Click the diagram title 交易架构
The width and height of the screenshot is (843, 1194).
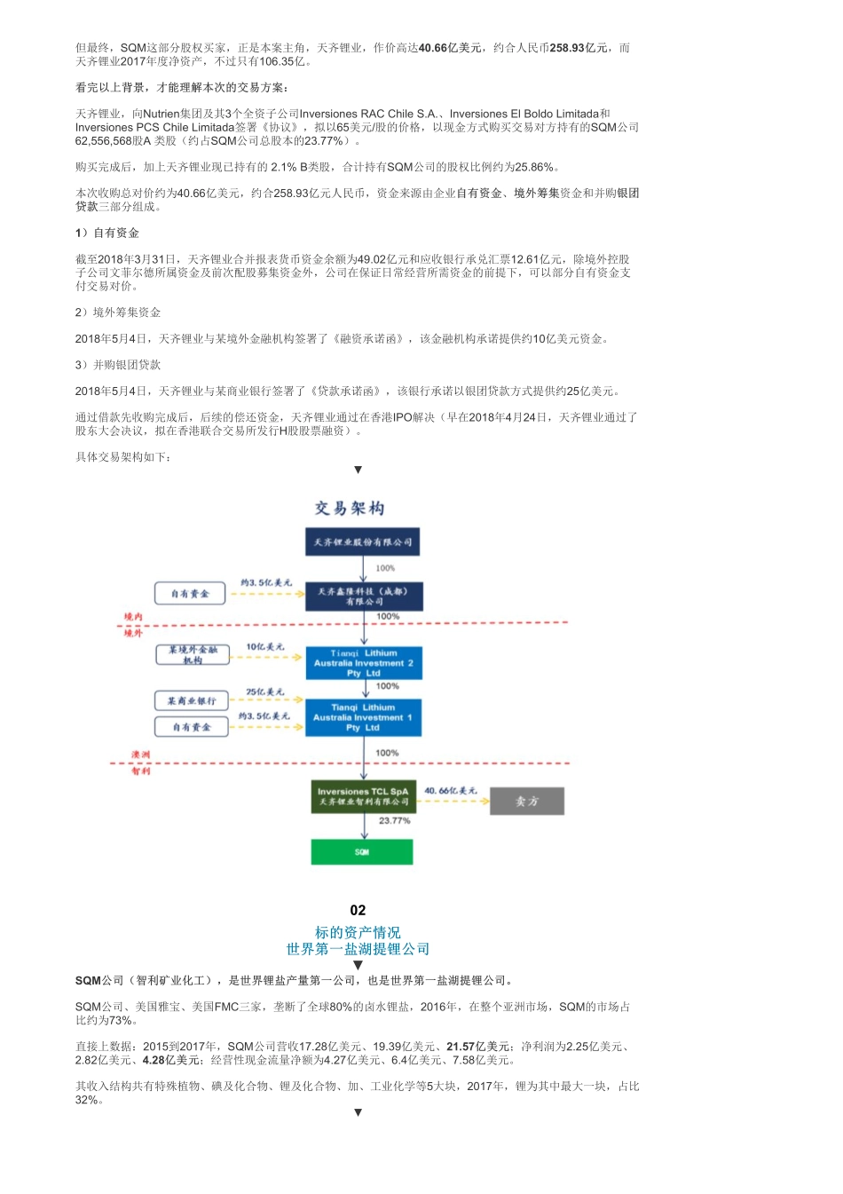click(x=350, y=508)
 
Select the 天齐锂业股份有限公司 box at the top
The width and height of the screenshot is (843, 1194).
click(x=362, y=542)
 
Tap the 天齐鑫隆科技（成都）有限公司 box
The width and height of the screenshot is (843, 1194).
click(x=363, y=597)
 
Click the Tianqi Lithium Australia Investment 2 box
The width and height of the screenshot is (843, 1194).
click(x=363, y=663)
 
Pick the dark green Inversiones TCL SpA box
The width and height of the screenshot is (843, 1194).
click(x=363, y=796)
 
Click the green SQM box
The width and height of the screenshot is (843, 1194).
click(x=362, y=852)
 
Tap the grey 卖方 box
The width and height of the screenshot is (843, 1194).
click(x=527, y=801)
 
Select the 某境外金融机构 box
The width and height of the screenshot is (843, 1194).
click(x=193, y=654)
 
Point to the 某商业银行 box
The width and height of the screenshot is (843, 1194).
click(x=192, y=700)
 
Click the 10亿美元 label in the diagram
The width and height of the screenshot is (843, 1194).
click(x=265, y=647)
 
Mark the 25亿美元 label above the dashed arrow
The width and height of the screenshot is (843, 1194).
click(x=265, y=692)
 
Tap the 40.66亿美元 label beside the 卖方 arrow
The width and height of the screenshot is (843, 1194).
click(x=450, y=790)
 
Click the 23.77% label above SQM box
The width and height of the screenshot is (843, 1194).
click(x=394, y=821)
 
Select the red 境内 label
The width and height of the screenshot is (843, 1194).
click(x=133, y=616)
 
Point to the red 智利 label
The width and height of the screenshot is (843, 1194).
click(x=141, y=771)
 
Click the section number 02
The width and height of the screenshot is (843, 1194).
click(x=358, y=910)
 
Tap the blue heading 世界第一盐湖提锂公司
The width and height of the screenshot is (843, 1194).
click(x=358, y=949)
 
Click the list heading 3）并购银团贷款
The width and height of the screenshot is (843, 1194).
click(x=118, y=365)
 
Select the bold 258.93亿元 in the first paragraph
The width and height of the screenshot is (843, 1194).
click(x=579, y=48)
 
